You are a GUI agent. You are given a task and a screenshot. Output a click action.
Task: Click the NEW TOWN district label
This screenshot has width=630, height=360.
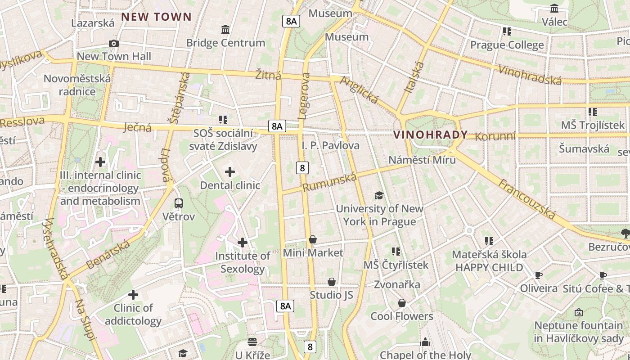157,17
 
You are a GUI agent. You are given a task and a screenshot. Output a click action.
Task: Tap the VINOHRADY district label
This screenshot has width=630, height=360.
431,135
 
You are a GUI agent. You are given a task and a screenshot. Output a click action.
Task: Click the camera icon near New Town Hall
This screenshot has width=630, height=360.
114,43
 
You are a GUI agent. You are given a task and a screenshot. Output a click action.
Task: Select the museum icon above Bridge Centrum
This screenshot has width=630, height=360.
225,30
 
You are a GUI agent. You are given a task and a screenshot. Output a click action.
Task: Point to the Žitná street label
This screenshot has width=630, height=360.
268,75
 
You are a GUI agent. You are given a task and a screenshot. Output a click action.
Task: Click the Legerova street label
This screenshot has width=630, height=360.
304,96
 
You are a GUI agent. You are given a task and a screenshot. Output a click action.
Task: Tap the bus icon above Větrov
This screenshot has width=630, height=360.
179,203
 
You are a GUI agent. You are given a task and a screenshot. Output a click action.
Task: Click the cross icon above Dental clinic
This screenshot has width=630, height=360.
230,171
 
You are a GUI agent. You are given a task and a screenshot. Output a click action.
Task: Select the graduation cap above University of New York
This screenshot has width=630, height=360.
379,195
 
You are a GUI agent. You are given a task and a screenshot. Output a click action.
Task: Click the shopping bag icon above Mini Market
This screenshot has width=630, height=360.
313,239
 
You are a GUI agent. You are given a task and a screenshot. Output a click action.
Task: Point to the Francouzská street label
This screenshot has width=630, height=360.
526,198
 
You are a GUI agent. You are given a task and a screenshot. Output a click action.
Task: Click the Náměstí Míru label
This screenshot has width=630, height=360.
422,160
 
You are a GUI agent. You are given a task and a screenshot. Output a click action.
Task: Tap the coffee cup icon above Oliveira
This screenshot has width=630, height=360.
539,275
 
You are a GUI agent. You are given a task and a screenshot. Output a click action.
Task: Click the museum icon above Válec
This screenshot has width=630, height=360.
554,8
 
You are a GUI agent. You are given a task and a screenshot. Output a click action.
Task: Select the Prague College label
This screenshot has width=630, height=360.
507,45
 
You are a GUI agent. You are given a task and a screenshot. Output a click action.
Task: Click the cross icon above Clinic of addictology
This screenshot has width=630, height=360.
133,295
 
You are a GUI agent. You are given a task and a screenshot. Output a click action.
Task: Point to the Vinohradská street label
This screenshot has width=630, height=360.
530,75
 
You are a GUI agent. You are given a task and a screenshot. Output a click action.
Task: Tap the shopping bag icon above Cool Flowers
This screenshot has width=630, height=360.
402,303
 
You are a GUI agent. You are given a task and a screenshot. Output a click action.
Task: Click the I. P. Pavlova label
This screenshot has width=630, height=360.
331,145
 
